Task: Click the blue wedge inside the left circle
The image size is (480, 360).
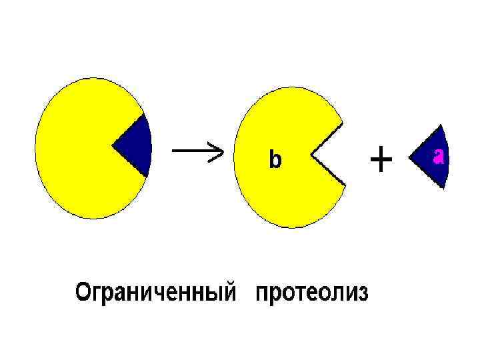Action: pos(137,146)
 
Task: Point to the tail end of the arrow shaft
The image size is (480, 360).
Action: pos(174,150)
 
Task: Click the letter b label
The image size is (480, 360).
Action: pos(275,160)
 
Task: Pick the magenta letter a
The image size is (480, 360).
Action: pos(439,156)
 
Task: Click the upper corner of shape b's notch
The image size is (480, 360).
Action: pos(343,126)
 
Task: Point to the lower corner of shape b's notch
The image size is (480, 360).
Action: pos(345,185)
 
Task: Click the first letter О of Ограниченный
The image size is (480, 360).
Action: pos(83,292)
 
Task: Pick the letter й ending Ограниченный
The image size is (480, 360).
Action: pos(231,292)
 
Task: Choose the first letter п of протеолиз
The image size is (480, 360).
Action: pos(262,294)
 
